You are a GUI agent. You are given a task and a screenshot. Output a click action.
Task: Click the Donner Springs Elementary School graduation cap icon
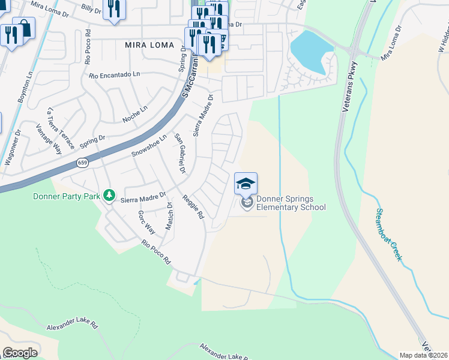coord(246,184)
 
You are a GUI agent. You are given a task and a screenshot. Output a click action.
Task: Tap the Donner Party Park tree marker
coord(109,195)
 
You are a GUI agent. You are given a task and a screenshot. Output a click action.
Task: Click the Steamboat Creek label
coord(388,234)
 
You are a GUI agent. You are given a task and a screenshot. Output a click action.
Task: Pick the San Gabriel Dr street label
coord(178,154)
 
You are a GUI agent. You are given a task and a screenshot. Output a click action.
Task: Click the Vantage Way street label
coord(49,140)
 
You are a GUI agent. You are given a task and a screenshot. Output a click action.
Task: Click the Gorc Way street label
coord(146,222)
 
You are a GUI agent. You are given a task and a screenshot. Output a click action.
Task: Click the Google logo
coord(20,353)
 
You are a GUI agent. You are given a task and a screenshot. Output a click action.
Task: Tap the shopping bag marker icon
coord(24,28)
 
